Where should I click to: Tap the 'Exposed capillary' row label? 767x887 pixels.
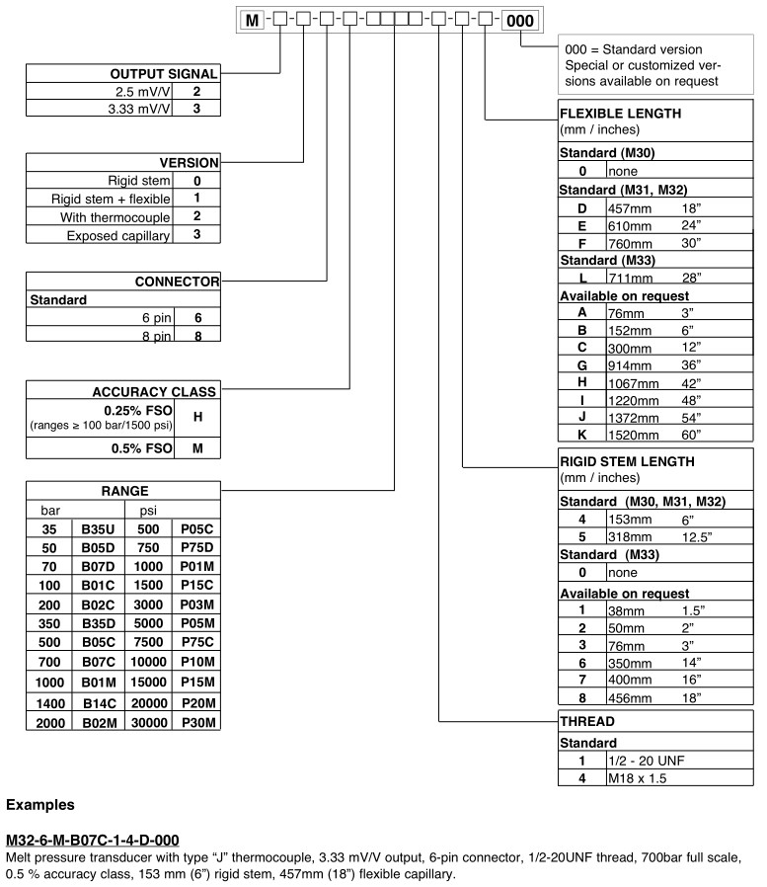pos(118,235)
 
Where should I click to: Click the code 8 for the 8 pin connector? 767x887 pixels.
pos(197,336)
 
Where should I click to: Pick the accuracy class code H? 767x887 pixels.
pos(197,417)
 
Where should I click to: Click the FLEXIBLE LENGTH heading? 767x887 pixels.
pos(620,114)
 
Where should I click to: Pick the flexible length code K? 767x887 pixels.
pos(582,434)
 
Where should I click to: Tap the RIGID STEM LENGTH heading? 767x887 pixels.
pos(627,461)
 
